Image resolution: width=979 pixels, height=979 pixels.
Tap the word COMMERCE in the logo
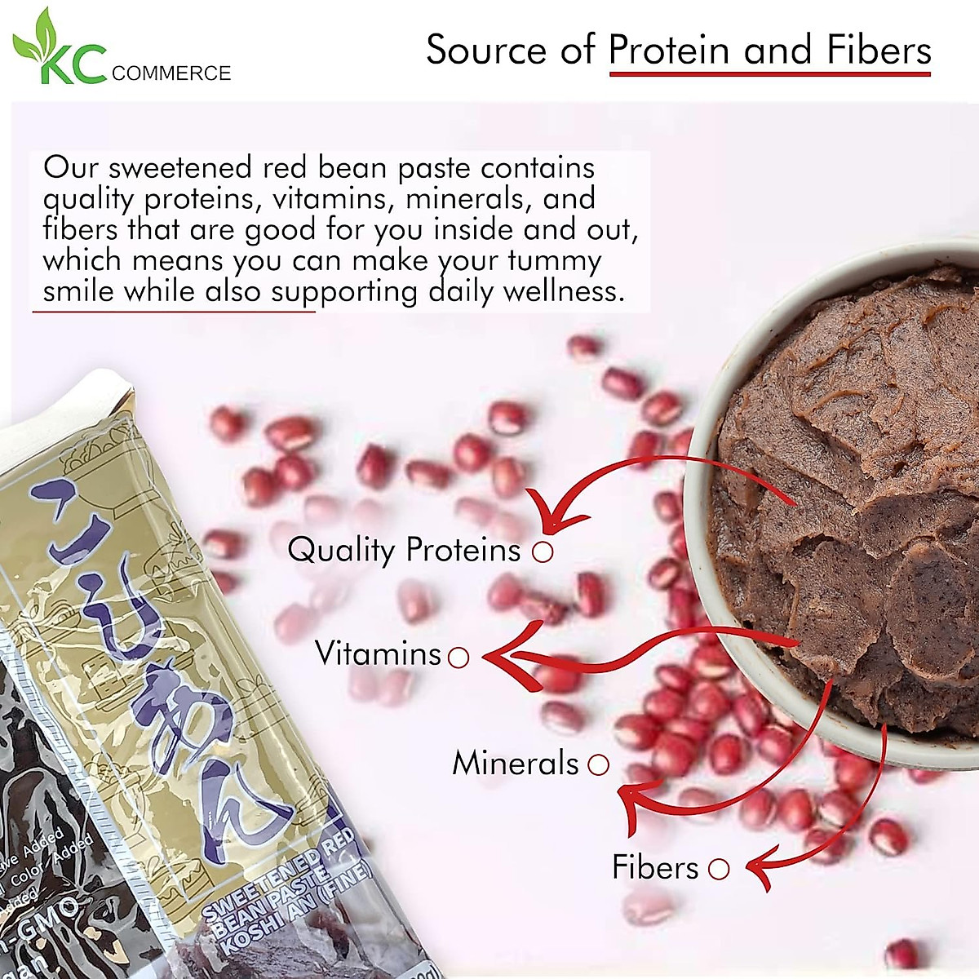(x=171, y=74)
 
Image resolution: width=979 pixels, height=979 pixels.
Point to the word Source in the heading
(x=487, y=51)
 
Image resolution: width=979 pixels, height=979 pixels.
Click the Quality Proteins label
(x=404, y=551)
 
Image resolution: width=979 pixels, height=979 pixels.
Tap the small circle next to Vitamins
(x=459, y=657)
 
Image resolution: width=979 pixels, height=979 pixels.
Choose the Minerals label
(x=515, y=764)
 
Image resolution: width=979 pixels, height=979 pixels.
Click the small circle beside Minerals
(x=599, y=764)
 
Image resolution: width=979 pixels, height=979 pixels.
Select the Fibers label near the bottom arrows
(x=655, y=867)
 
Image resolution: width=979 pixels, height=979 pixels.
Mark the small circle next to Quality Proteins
(x=543, y=552)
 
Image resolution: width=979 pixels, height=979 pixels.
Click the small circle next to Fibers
(x=719, y=869)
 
